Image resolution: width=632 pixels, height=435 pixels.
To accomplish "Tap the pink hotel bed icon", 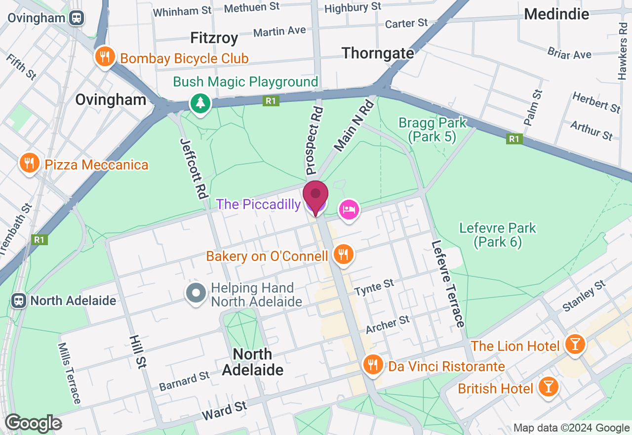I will pos(349,210).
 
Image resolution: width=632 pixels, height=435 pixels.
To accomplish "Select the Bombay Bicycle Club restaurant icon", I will pos(105,57).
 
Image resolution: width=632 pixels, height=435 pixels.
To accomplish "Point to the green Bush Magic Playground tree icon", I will pos(200,103).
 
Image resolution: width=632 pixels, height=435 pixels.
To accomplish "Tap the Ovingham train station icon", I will pos(77,18).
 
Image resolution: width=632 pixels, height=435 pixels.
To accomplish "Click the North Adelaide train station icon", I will pos(19,300).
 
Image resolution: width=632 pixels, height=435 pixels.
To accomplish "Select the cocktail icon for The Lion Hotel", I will pos(574,344).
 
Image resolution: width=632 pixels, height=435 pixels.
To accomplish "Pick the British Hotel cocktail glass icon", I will pos(548,386).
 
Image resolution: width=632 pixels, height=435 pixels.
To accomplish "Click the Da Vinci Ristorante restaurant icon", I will pos(372,365).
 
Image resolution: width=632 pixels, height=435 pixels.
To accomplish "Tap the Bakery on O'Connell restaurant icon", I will pos(343,255).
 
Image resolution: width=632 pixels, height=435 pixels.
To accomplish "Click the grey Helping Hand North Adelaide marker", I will pos(196,293).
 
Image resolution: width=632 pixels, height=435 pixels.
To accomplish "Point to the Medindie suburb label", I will pos(556,14).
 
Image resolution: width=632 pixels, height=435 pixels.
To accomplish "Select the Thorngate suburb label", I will pos(378,53).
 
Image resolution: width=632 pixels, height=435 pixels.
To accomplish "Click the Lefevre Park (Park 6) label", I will pos(497,235).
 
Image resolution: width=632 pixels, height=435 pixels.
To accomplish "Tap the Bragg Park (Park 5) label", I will pos(432,130).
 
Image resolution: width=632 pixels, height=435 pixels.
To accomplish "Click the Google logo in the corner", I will pos(33,423).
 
